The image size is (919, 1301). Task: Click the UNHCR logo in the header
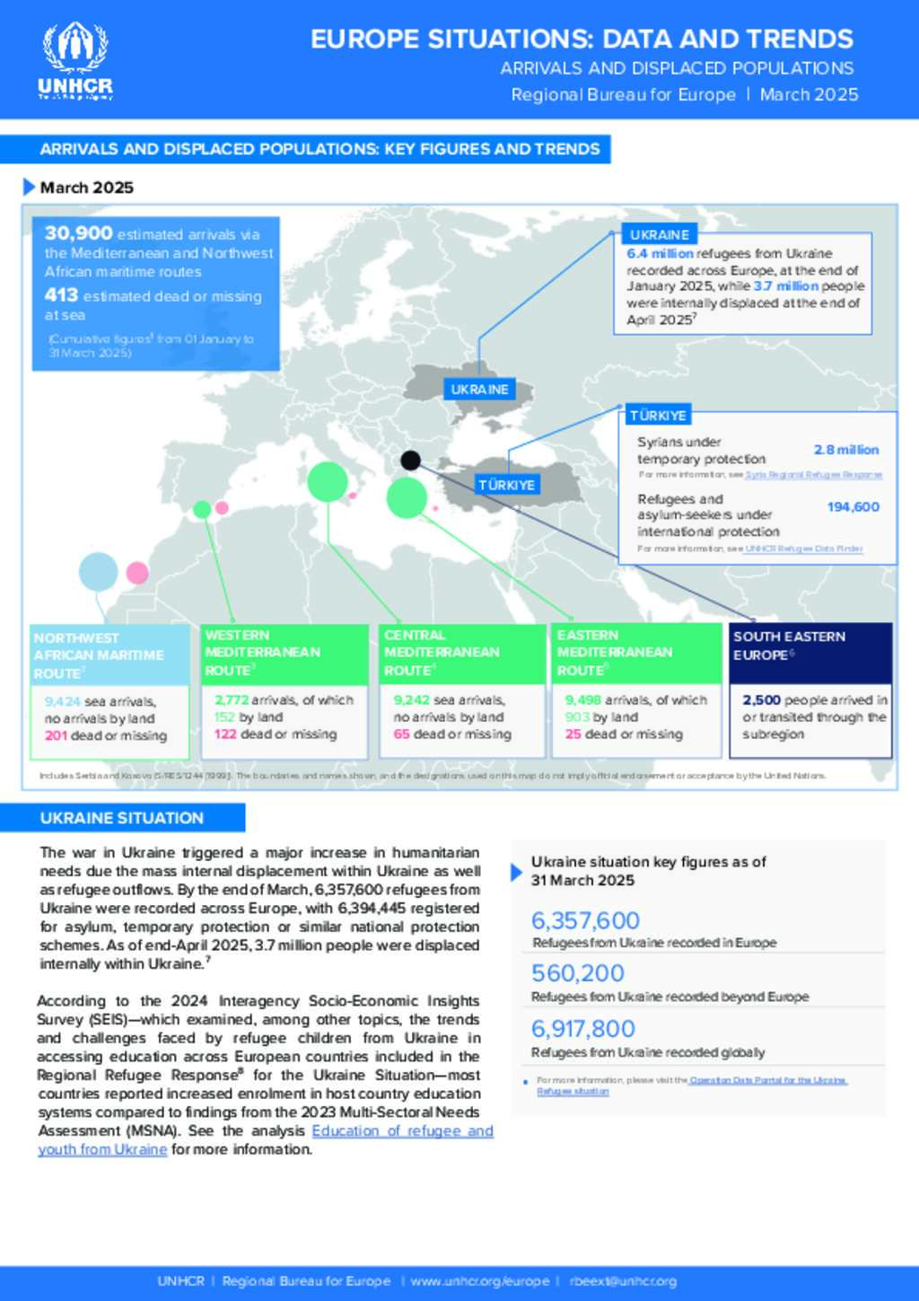(x=75, y=60)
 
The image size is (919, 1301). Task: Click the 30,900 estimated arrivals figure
(x=79, y=233)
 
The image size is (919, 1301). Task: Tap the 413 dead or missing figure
(x=61, y=295)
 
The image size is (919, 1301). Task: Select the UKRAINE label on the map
(x=479, y=390)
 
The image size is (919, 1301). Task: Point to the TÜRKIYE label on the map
(x=506, y=485)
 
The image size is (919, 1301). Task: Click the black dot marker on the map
(x=410, y=461)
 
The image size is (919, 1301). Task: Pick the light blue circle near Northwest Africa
(x=99, y=572)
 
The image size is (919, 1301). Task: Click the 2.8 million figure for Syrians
(x=846, y=450)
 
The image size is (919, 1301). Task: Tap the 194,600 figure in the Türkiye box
(x=853, y=507)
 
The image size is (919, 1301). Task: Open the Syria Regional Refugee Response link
(x=813, y=475)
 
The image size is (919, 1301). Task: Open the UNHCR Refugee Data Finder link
(x=803, y=549)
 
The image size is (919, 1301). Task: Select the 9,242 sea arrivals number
(x=412, y=700)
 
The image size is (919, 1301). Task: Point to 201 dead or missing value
(x=56, y=736)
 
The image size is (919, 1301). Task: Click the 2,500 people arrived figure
(x=761, y=700)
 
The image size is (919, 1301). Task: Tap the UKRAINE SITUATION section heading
(x=122, y=818)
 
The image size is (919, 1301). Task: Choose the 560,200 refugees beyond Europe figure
(x=578, y=973)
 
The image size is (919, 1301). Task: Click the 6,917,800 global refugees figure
(x=583, y=1029)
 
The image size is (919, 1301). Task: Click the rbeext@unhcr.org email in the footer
(x=623, y=1281)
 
